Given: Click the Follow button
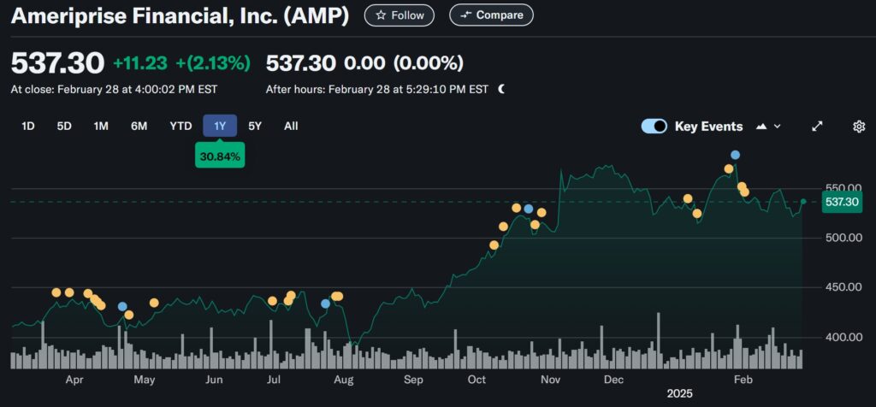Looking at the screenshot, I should pyautogui.click(x=399, y=15).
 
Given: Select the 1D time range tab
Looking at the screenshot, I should pyautogui.click(x=28, y=126).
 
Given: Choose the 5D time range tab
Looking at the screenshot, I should pyautogui.click(x=64, y=126).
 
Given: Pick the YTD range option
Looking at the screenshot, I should pyautogui.click(x=181, y=126).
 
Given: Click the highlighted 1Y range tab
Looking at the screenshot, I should pyautogui.click(x=220, y=126).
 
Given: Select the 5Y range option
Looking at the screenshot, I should pyautogui.click(x=255, y=126).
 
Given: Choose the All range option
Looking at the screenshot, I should pyautogui.click(x=291, y=126).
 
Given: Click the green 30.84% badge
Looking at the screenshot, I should pyautogui.click(x=220, y=156).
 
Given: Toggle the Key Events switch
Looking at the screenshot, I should pyautogui.click(x=654, y=127).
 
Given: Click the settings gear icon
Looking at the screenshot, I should pyautogui.click(x=859, y=127).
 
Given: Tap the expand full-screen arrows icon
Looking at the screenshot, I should pyautogui.click(x=817, y=127).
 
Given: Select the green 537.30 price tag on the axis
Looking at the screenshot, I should pyautogui.click(x=839, y=202).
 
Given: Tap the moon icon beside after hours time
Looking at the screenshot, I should pyautogui.click(x=501, y=88).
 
